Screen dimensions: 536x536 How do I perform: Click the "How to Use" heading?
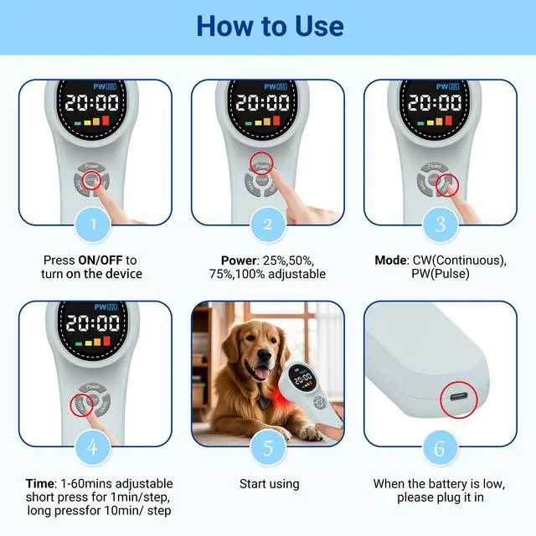[x=269, y=27]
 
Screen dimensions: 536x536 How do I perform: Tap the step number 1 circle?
[x=94, y=224]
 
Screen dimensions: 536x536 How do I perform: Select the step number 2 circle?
[x=267, y=224]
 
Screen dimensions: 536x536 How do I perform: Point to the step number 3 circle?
[x=440, y=224]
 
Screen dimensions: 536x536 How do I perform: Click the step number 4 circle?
[x=94, y=446]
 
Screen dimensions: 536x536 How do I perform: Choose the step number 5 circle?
[x=267, y=446]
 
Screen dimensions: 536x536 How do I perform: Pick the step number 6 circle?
[x=440, y=446]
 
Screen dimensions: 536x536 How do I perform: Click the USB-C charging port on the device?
[x=457, y=398]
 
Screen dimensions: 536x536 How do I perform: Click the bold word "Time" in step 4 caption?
[x=39, y=483]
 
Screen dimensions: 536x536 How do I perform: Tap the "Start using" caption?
[x=269, y=484]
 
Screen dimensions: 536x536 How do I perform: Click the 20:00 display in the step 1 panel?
[x=94, y=104]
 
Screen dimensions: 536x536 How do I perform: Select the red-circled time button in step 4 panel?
[x=81, y=403]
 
